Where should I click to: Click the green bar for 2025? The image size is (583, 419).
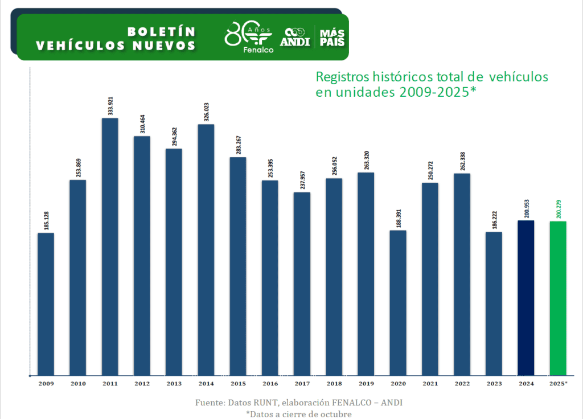(558, 298)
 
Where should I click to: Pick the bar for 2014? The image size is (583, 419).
(206, 250)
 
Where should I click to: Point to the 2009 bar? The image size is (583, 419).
(46, 304)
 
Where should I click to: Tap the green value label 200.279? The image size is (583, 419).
(559, 209)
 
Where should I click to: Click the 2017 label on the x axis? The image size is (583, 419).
(302, 384)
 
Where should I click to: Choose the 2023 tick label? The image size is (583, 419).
(494, 384)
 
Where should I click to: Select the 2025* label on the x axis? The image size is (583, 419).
(558, 384)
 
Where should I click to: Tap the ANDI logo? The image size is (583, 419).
(295, 38)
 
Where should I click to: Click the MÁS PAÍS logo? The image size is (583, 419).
(332, 36)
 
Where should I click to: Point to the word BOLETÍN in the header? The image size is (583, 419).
(161, 31)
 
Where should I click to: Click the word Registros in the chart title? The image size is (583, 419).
(340, 76)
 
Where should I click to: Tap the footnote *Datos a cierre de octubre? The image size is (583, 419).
(298, 414)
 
